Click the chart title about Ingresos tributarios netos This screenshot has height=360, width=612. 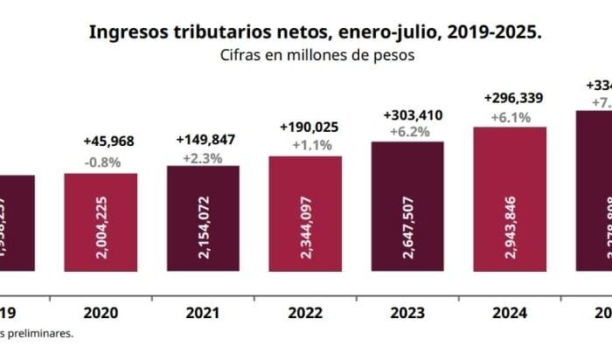(x=315, y=32)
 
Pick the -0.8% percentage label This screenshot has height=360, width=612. (x=101, y=162)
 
